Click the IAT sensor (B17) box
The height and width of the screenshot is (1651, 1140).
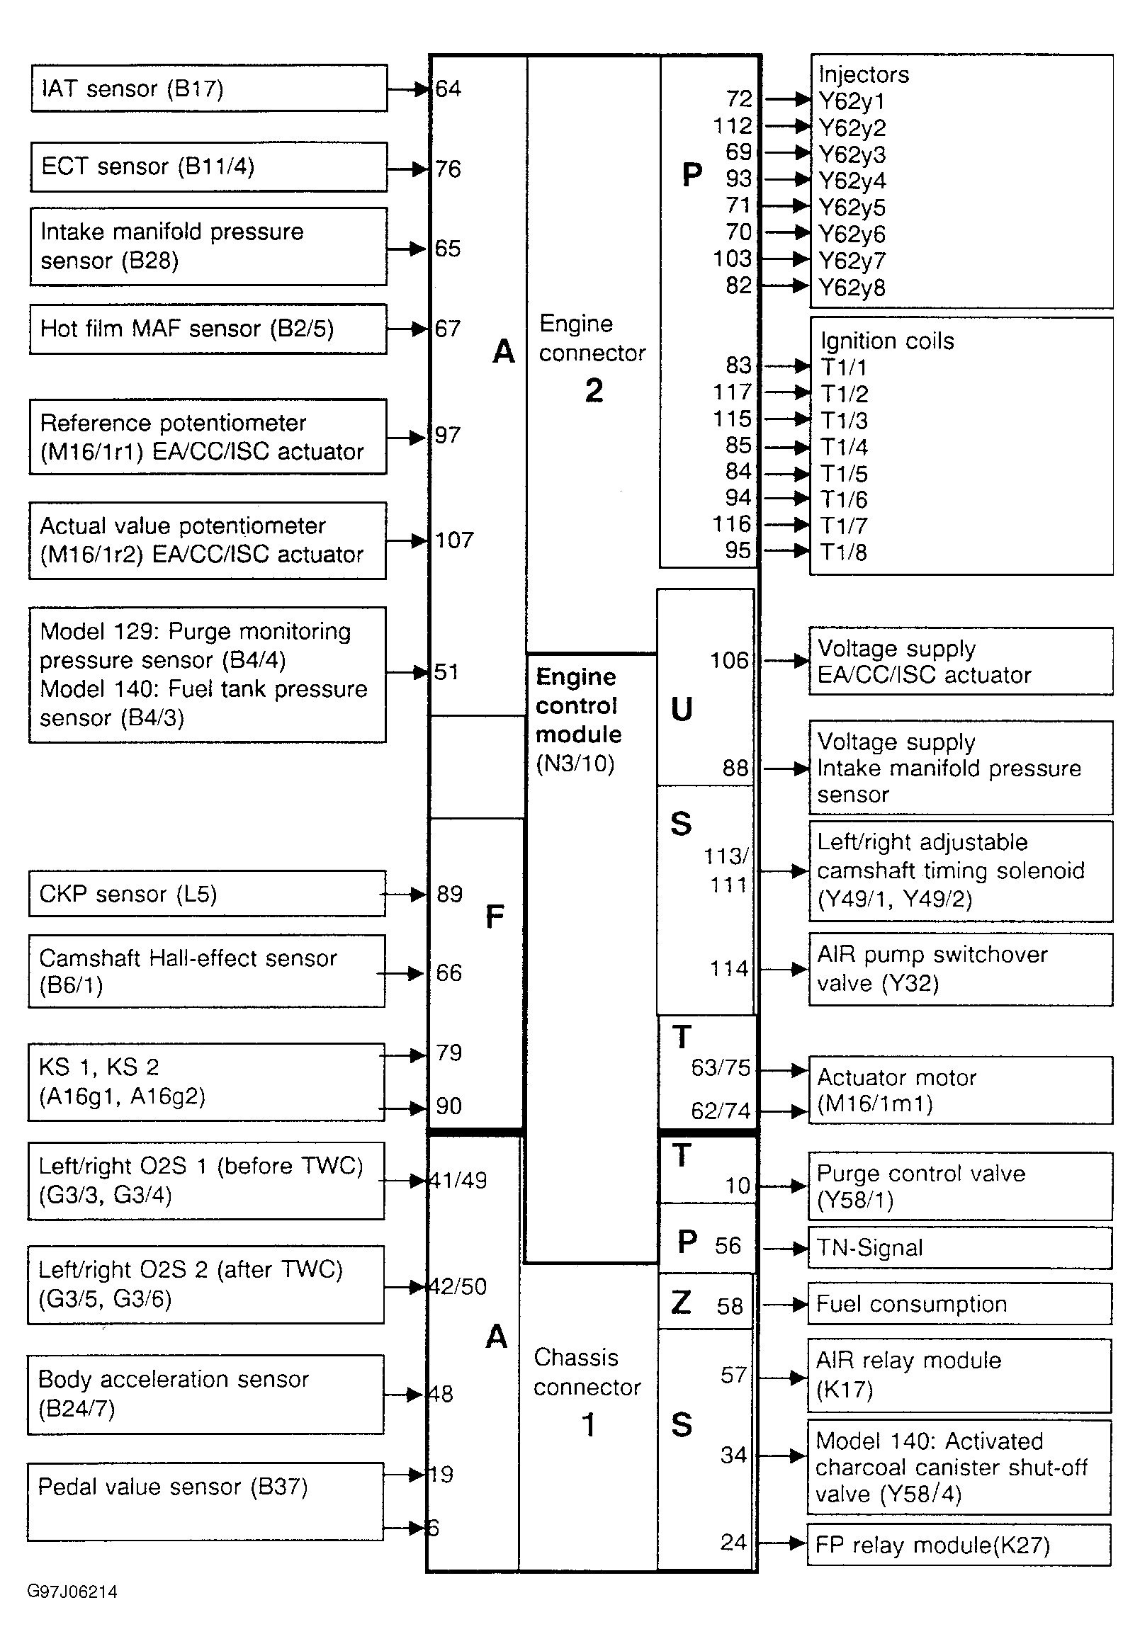click(208, 89)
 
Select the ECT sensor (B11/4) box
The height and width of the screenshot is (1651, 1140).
click(208, 166)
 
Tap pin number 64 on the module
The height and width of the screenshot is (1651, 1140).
click(448, 89)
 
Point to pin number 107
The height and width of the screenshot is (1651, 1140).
click(454, 540)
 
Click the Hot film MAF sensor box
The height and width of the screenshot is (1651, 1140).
click(208, 329)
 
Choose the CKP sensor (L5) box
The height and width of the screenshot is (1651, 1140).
click(207, 893)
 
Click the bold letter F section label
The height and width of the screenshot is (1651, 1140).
click(495, 917)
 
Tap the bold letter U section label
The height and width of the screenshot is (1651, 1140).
click(682, 709)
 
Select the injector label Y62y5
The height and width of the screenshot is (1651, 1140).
click(852, 208)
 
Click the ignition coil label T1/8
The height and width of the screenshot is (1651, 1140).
click(843, 552)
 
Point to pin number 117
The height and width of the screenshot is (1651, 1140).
click(732, 392)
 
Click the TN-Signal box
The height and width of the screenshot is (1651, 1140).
click(959, 1247)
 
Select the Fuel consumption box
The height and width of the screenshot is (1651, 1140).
click(959, 1304)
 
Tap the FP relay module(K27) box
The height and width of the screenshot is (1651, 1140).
click(959, 1545)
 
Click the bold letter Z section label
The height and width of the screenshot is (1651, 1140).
click(682, 1303)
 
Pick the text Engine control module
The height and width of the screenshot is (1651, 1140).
click(578, 705)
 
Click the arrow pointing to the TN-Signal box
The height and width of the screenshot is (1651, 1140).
click(786, 1248)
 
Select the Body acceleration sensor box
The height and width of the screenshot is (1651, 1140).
click(205, 1394)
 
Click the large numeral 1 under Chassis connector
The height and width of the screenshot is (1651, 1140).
click(588, 1425)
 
